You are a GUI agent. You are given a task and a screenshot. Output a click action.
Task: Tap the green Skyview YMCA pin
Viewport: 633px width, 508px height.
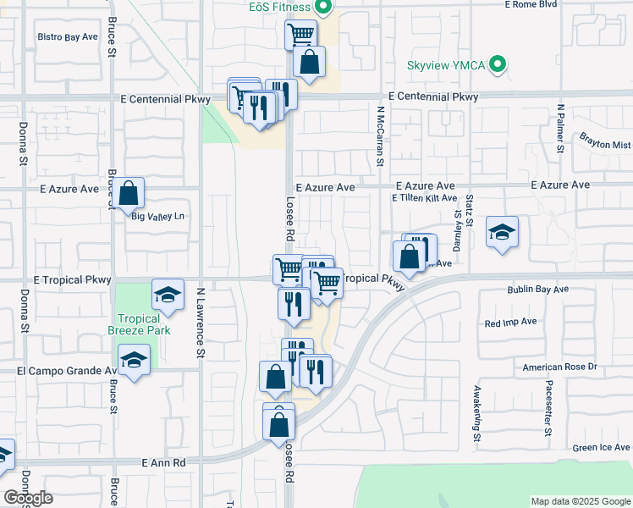tap(499, 63)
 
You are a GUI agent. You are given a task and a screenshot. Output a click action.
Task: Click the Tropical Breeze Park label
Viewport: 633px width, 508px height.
tap(139, 324)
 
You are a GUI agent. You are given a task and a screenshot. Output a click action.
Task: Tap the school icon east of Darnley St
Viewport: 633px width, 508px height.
tap(502, 232)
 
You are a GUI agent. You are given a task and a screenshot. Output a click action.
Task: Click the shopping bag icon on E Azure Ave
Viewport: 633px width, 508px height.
tap(128, 193)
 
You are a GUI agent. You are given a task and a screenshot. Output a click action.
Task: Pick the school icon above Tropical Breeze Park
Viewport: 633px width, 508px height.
tap(168, 295)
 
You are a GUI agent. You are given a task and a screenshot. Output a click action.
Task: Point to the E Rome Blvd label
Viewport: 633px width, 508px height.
tap(531, 4)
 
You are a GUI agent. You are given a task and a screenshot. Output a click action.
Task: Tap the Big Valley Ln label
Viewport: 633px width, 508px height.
tap(157, 217)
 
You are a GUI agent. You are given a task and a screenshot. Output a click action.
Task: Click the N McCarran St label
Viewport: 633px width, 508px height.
tap(380, 135)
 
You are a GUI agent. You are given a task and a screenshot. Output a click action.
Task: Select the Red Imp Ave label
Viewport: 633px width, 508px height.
tap(511, 323)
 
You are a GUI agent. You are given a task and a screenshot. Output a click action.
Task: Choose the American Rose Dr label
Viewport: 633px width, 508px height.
tap(559, 367)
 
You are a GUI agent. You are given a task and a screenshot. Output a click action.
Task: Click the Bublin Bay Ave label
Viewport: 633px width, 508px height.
tap(537, 290)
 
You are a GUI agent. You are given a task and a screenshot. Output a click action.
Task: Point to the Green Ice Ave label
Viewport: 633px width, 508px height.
tap(602, 447)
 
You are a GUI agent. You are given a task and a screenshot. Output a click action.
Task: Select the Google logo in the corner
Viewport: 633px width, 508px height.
tap(28, 498)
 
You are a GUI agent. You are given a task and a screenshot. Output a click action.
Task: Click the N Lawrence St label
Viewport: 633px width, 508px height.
tap(201, 321)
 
